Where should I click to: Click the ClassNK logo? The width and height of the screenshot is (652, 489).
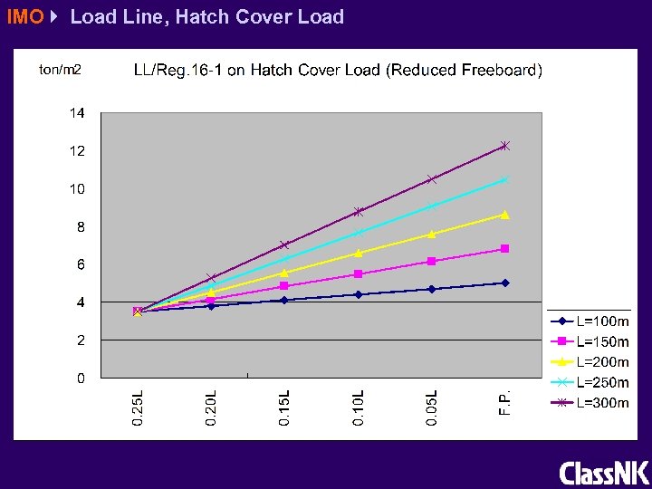pos(603,473)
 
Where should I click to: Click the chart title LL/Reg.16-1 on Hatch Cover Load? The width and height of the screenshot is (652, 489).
pos(338,71)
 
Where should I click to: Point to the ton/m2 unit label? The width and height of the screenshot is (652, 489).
pos(61,70)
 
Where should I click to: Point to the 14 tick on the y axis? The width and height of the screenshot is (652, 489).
pos(78,113)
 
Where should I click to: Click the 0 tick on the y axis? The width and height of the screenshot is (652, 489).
pos(81,378)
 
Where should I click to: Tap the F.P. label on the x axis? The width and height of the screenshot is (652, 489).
pos(505,402)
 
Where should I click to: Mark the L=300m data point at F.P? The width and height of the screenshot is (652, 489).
pos(505,146)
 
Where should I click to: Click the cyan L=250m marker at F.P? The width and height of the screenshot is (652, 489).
pos(505,179)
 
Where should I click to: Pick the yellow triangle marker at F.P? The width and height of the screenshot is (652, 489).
pos(505,215)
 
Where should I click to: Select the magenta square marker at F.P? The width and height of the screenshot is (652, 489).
pos(505,248)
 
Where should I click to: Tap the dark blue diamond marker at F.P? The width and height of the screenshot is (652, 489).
pos(505,283)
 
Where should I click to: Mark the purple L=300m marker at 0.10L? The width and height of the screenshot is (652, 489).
pos(359,212)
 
